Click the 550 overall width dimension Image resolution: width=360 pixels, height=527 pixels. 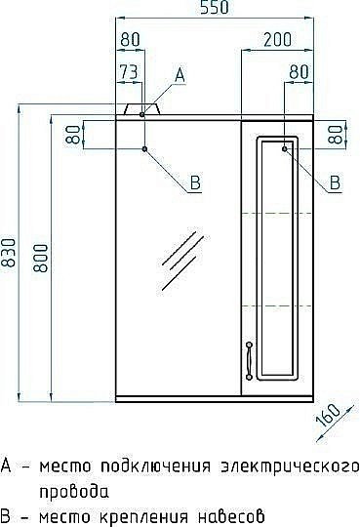pyautogui.click(x=213, y=9)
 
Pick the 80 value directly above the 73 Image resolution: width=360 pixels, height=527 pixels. pyautogui.click(x=129, y=39)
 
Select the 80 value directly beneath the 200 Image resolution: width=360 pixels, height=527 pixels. pyautogui.click(x=299, y=73)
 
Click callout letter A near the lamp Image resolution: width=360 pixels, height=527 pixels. pyautogui.click(x=180, y=74)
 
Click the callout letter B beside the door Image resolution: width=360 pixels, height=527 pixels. pyautogui.click(x=334, y=182)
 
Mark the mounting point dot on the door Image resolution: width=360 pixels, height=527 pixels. pyautogui.click(x=285, y=148)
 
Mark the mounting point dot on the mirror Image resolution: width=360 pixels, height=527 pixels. pyautogui.click(x=144, y=148)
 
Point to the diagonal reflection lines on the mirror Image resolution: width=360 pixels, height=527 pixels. pyautogui.click(x=178, y=264)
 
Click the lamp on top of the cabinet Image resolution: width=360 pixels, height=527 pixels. pyautogui.click(x=143, y=109)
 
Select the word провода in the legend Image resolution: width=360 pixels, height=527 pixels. pyautogui.click(x=74, y=491)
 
